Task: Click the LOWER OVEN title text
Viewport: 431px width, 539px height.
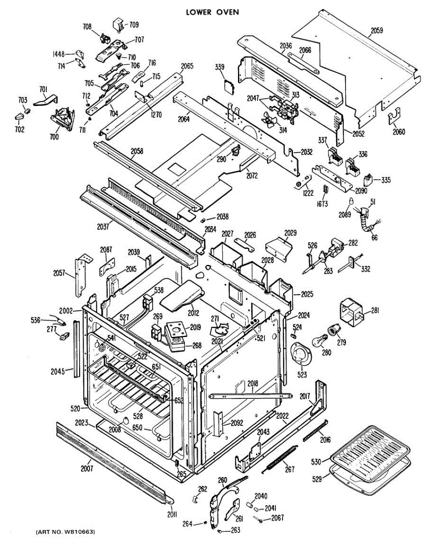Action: pos(212,12)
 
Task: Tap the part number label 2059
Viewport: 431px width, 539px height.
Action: pos(377,31)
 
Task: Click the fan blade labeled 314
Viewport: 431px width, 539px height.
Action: pos(269,120)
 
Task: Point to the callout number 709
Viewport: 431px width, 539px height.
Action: pos(134,25)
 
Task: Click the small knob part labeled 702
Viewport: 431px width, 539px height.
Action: pos(19,116)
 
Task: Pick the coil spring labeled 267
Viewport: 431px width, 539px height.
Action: pos(279,458)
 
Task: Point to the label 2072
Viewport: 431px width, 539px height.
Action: pos(251,176)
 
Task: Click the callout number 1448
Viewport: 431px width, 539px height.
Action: pos(58,54)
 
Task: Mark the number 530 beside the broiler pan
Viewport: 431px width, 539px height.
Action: pos(316,461)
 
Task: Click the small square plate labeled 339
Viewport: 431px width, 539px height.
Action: pos(229,87)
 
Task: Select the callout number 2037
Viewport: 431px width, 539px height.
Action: pos(103,226)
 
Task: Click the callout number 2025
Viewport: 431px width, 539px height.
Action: pos(307,294)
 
